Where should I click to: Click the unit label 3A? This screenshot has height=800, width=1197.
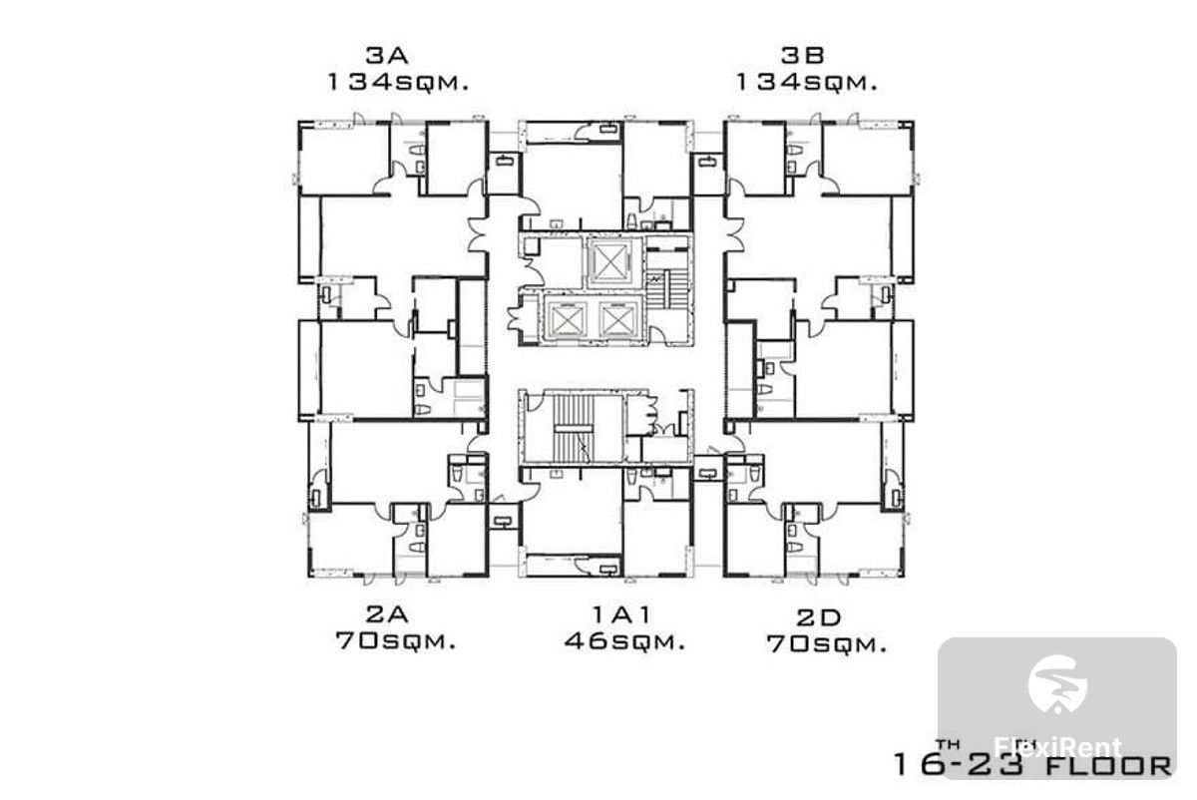387,55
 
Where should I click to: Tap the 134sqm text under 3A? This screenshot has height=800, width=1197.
398,83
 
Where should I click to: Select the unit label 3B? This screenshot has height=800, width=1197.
802,55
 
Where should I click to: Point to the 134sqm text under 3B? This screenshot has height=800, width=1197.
807,83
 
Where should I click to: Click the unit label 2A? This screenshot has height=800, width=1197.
387,614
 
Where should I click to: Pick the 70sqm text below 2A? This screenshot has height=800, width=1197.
396,640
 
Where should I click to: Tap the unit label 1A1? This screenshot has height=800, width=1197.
622,614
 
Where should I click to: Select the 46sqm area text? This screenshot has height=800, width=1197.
624,640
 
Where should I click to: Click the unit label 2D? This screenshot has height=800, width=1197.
819,617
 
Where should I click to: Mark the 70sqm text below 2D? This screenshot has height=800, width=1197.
827,644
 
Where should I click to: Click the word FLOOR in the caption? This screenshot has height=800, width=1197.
1107,766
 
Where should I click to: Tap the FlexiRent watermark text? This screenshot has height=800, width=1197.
1057,747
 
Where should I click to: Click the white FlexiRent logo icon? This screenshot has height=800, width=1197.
1057,684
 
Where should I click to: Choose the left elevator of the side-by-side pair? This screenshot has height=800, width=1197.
567,319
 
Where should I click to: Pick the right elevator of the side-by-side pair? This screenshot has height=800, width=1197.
619,319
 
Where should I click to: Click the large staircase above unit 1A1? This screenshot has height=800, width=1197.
574,429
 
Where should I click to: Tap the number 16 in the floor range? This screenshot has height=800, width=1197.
917,765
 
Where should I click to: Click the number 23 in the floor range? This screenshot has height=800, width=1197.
998,765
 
